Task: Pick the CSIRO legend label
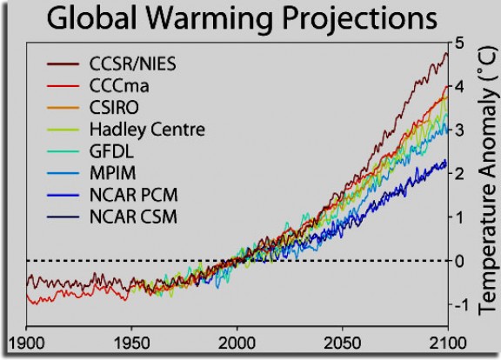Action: pos(116,106)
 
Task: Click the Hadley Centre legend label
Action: pos(147,129)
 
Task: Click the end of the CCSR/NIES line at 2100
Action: pos(446,53)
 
